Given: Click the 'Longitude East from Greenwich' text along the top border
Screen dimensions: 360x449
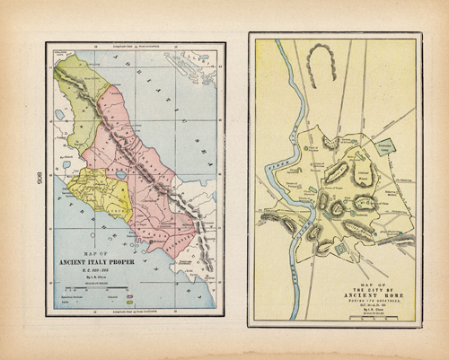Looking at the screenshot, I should coord(133,46).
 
